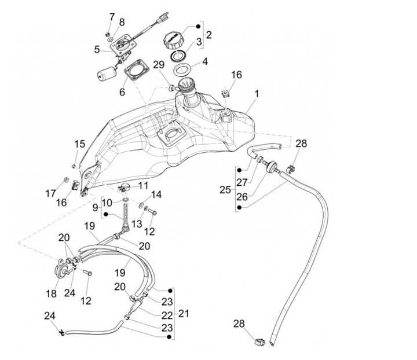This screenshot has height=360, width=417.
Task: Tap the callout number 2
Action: click(x=209, y=34)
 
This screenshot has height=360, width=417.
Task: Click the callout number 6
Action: click(x=122, y=92)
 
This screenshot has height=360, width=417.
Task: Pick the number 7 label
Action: click(x=112, y=16)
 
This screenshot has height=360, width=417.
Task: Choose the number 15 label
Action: click(x=79, y=144)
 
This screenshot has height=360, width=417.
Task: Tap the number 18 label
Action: click(x=51, y=294)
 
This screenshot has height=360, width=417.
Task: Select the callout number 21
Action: click(x=184, y=314)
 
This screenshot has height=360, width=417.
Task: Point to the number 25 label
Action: click(x=225, y=189)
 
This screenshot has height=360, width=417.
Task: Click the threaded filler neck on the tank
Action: click(x=186, y=87)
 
